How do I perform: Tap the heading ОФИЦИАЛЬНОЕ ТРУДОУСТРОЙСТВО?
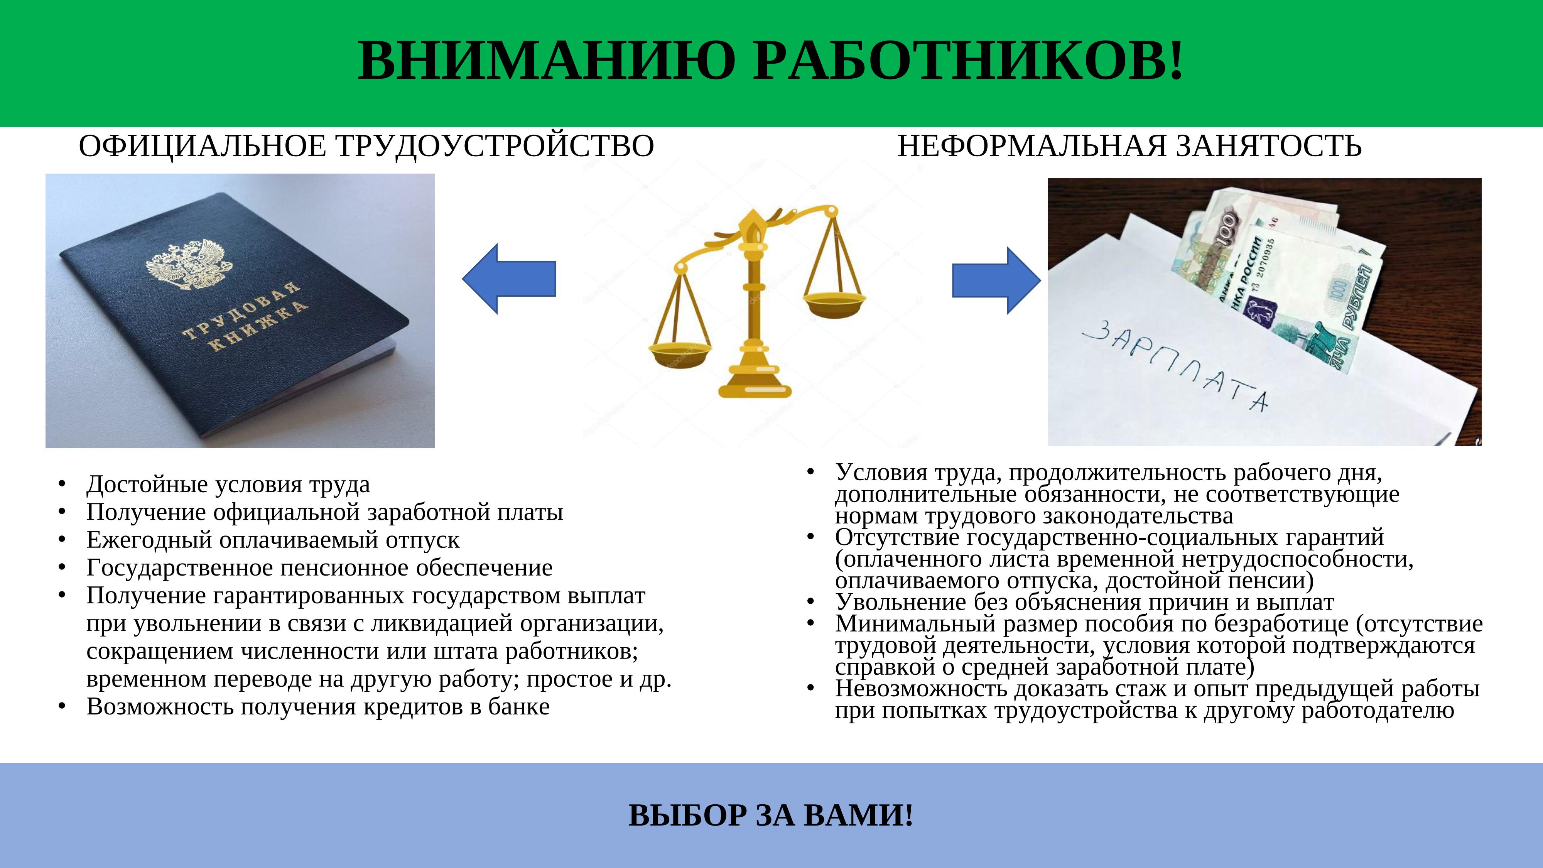point(366,147)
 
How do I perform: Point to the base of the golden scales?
point(755,387)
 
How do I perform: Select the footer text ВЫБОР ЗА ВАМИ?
point(771,815)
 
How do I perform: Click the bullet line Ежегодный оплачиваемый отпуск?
point(273,540)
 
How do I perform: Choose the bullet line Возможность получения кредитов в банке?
point(317,707)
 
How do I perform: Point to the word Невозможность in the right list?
point(921,689)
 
